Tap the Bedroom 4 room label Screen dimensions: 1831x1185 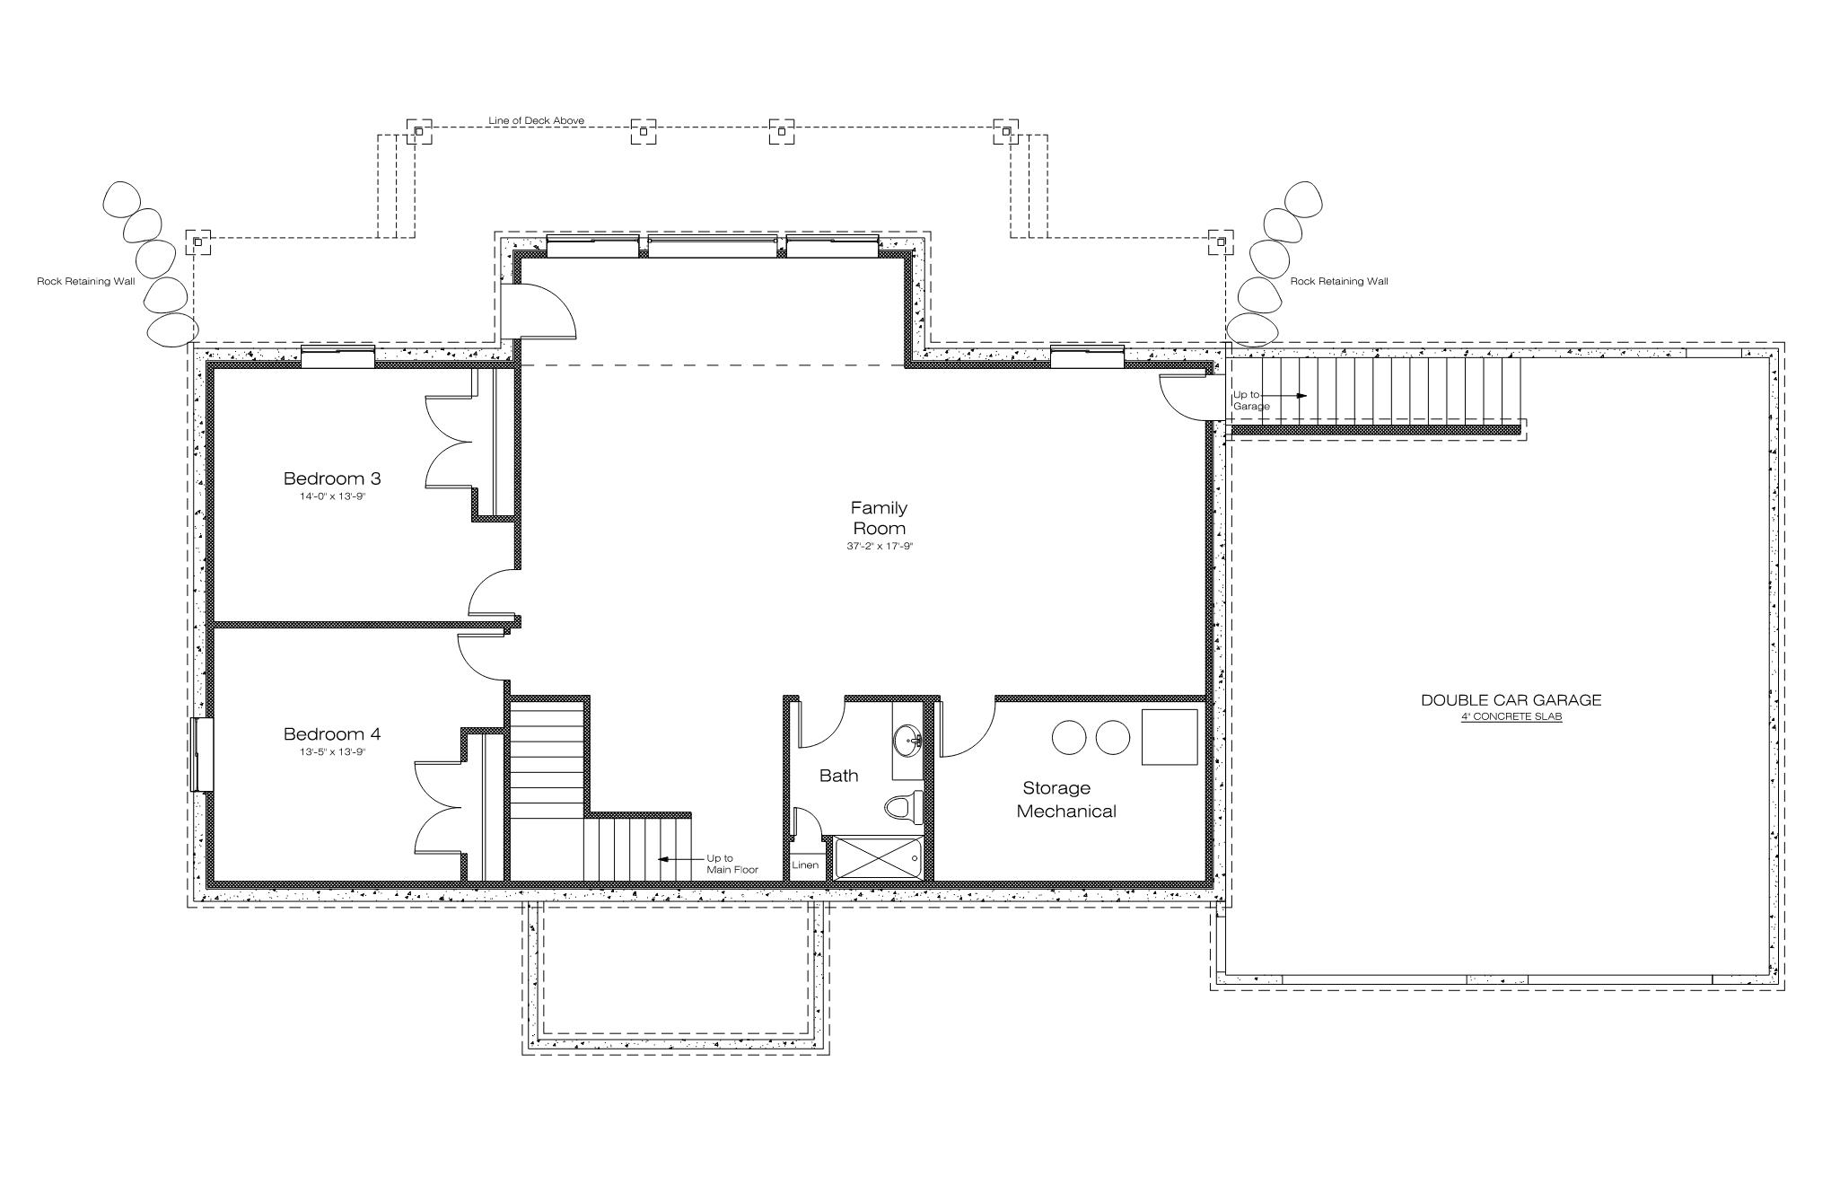(x=332, y=734)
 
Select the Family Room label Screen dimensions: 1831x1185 (x=879, y=518)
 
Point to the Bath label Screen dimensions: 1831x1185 (x=838, y=776)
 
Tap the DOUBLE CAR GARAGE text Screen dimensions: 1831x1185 (x=1511, y=700)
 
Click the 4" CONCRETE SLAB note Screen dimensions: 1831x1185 (x=1511, y=716)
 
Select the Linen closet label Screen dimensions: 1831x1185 (x=805, y=865)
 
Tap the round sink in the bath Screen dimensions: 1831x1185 (x=908, y=742)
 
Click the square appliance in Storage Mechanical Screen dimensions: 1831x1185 (x=1170, y=737)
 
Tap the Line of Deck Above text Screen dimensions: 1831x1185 (x=536, y=120)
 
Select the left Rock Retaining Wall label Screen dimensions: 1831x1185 (x=85, y=281)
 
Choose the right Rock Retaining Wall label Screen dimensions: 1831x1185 (x=1339, y=281)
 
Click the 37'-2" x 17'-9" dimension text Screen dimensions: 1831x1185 (x=880, y=546)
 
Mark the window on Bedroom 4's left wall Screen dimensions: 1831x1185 (x=203, y=754)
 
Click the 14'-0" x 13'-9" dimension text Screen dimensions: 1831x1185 (x=333, y=496)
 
